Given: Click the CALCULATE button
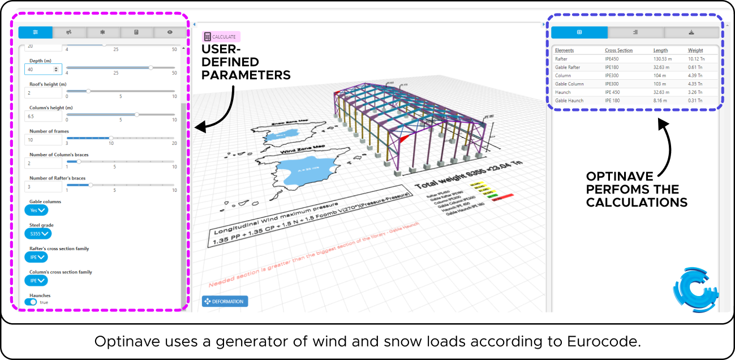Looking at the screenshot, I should [x=221, y=37].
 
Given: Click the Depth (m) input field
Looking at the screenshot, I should [x=40, y=69].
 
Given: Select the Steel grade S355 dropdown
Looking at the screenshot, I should [x=38, y=233].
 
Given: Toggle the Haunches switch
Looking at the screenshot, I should [x=31, y=302].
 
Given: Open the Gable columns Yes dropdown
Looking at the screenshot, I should [x=36, y=210].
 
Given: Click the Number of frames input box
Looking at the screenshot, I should [x=43, y=140].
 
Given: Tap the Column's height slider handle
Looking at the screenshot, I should [x=137, y=114].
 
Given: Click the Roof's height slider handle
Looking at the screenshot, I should [x=88, y=91].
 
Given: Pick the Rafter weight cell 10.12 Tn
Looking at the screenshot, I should [x=695, y=59].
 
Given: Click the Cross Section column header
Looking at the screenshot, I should [x=618, y=50].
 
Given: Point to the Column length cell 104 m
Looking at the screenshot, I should [x=660, y=75].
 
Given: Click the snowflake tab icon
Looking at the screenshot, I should [x=102, y=32].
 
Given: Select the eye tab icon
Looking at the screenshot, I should [x=169, y=32].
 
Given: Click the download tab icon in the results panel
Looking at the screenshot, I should [x=691, y=32].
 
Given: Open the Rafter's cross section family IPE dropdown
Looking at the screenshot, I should [x=36, y=257].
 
